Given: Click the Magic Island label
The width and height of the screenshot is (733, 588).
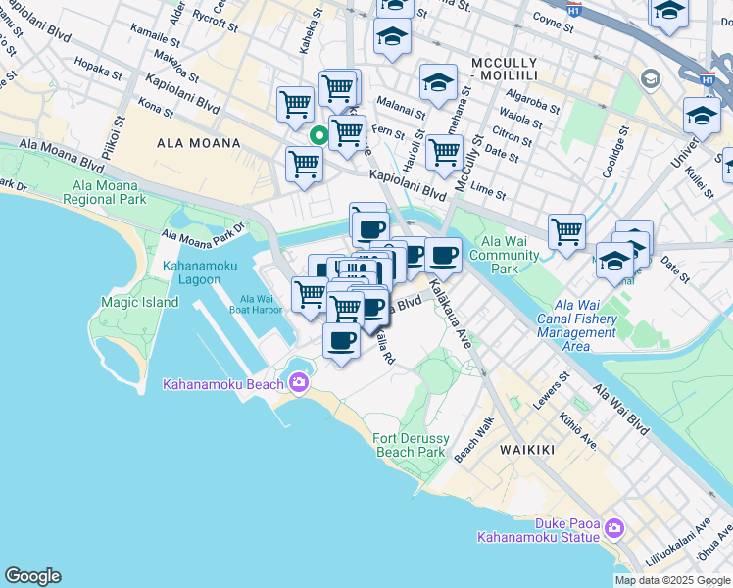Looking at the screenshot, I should pyautogui.click(x=139, y=303).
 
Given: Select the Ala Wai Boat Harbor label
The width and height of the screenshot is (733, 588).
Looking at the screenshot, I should pyautogui.click(x=257, y=304).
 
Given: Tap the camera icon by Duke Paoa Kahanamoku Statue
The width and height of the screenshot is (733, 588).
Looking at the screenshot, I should pyautogui.click(x=614, y=528).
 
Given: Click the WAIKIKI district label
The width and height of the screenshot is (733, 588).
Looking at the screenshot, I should pyautogui.click(x=526, y=450).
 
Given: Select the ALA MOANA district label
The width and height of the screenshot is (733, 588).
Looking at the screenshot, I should pyautogui.click(x=199, y=143).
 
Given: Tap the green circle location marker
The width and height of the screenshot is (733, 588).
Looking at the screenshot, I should pyautogui.click(x=318, y=136).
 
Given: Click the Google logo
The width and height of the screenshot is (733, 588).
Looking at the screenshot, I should pyautogui.click(x=32, y=576).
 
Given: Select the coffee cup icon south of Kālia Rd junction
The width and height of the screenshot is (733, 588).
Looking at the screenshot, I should pyautogui.click(x=340, y=342).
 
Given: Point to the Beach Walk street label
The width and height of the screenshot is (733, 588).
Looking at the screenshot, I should pyautogui.click(x=486, y=437).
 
